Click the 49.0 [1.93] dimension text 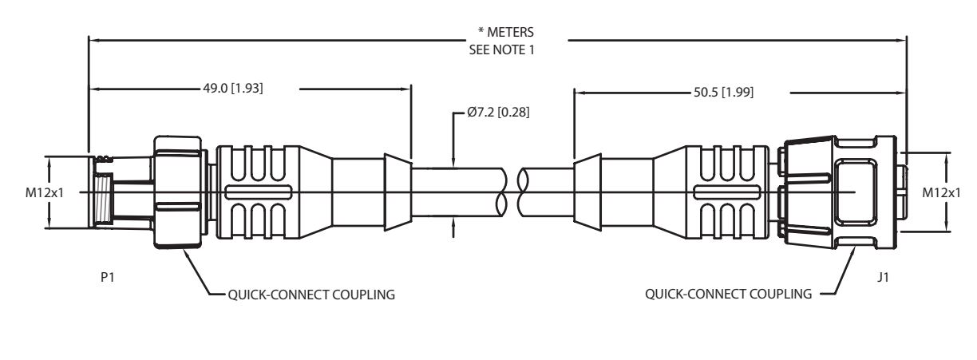(233, 89)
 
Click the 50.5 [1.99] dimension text (724, 93)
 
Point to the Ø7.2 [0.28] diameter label (498, 113)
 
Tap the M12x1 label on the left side (45, 192)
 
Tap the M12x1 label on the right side (941, 192)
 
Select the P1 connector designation (107, 277)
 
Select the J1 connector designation (883, 277)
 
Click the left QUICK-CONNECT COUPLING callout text (311, 295)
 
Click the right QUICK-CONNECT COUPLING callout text (729, 294)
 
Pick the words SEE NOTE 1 (501, 49)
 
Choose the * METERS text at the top (505, 32)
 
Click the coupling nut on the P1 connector (178, 192)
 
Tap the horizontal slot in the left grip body (259, 192)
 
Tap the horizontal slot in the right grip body (726, 192)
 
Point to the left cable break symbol (502, 192)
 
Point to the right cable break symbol (523, 192)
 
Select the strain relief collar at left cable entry (398, 192)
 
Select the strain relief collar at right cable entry (587, 192)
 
